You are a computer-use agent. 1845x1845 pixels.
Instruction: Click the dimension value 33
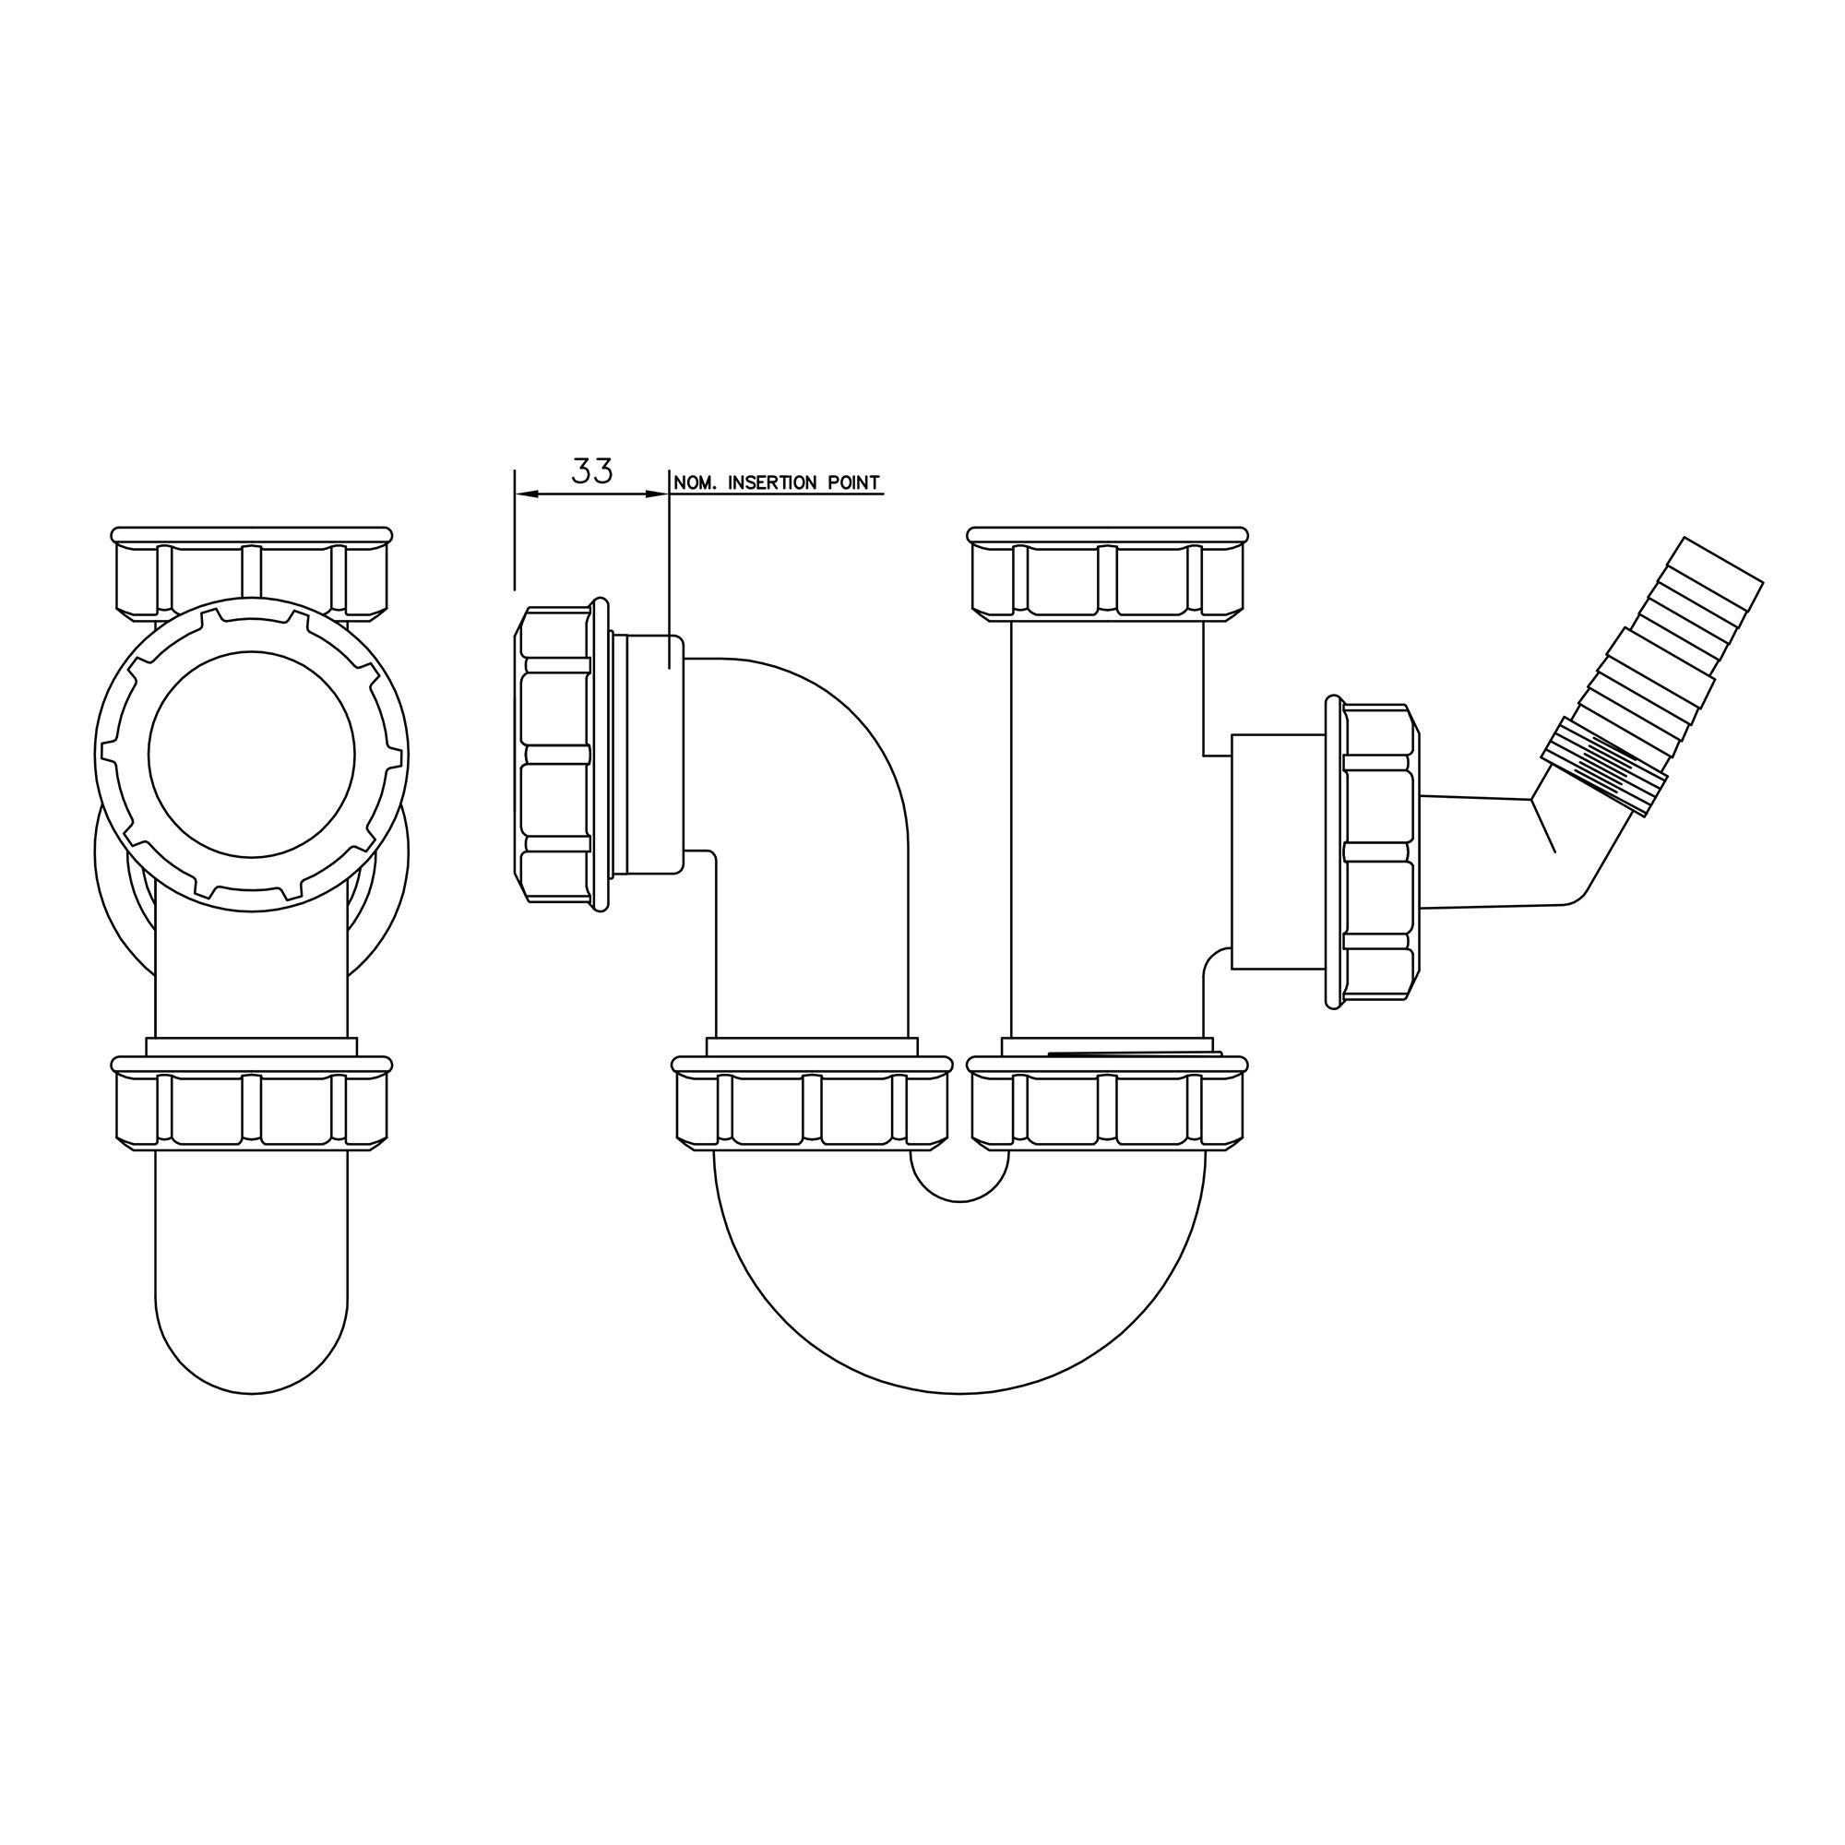591,470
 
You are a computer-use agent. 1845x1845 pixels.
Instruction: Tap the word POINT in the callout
853,483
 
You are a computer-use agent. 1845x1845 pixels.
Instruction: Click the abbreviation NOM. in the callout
697,483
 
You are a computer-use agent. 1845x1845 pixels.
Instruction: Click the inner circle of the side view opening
251,755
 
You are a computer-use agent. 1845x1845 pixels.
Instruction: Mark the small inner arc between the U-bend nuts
959,1199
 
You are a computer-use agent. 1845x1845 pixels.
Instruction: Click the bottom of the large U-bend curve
959,1391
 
